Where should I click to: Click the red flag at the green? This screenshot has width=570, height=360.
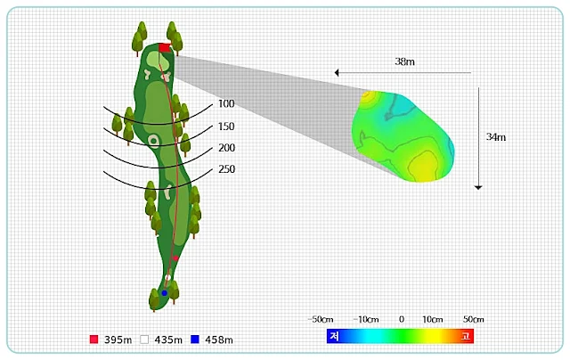pyautogui.click(x=165, y=47)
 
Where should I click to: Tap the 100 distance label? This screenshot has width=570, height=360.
pyautogui.click(x=226, y=104)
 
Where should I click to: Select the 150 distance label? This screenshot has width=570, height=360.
pyautogui.click(x=226, y=127)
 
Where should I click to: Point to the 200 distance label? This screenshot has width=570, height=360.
pyautogui.click(x=226, y=148)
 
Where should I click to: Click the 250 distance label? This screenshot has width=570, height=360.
pyautogui.click(x=226, y=169)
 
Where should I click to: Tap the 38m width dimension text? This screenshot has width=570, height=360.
pyautogui.click(x=404, y=61)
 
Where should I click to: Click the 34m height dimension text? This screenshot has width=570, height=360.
pyautogui.click(x=496, y=137)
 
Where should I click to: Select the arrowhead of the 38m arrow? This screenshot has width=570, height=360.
pyautogui.click(x=337, y=73)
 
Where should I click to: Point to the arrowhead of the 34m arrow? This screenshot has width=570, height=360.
pyautogui.click(x=478, y=187)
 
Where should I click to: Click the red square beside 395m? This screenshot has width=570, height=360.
pyautogui.click(x=94, y=340)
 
